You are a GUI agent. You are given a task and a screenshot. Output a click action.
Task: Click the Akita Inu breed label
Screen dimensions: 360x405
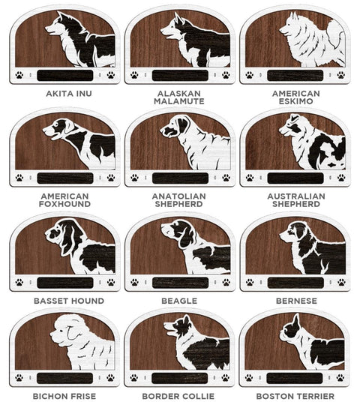[69, 94]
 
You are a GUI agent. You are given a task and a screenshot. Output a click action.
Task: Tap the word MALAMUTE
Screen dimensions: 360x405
[179, 101]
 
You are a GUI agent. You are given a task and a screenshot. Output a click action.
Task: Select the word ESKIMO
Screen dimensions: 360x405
[296, 101]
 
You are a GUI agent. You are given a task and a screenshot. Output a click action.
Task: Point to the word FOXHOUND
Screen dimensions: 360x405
[64, 204]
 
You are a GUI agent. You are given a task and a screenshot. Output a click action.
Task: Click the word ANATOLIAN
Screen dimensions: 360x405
[179, 196]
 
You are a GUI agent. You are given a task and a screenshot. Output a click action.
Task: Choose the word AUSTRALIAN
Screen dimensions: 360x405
[296, 196]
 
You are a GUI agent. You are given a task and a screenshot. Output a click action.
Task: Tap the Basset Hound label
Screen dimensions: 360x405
[69, 301]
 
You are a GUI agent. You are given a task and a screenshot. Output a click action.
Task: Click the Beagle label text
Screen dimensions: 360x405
[179, 301]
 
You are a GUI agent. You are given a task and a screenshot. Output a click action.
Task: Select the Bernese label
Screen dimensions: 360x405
[296, 301]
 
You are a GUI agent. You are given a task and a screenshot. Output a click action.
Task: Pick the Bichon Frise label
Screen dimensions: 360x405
[64, 396]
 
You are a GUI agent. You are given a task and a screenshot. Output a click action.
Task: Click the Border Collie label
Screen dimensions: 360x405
[178, 396]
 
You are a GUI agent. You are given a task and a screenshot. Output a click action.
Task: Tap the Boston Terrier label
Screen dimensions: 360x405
[295, 396]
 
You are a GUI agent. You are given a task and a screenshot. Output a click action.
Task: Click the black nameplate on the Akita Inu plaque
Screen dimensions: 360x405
[65, 75]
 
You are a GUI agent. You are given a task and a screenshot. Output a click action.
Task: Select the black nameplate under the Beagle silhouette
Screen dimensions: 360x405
[180, 283]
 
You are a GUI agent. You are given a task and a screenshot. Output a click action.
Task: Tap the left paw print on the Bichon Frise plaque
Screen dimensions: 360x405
[19, 378]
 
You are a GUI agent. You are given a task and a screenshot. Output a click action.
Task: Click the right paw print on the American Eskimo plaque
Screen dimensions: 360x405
[341, 75]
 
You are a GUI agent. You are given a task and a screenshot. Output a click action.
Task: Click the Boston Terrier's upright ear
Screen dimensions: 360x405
[295, 322]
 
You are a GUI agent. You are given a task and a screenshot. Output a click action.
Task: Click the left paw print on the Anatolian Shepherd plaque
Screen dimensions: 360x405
[134, 178]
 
